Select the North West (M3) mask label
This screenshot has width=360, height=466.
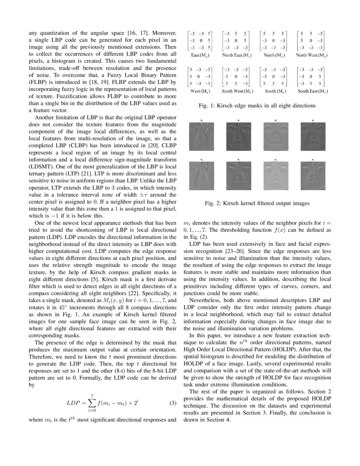tap(311, 55)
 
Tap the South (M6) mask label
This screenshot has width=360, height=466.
tap(274, 91)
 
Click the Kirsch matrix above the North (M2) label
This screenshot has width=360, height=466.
tap(274, 40)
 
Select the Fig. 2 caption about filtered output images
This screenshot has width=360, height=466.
tap(257, 203)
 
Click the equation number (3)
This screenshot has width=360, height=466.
tap(172, 403)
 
